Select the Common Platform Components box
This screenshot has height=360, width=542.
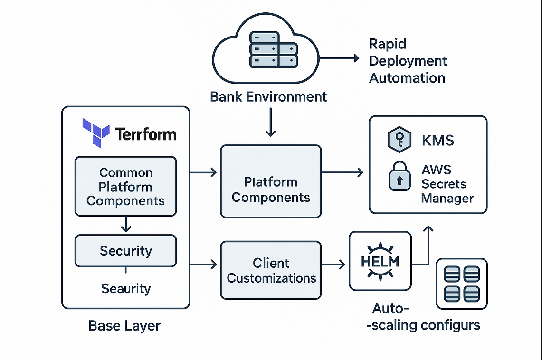125,187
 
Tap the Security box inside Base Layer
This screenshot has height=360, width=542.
125,251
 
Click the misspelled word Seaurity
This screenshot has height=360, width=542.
125,288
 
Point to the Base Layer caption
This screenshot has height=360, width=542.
124,326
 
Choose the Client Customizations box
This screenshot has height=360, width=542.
271,270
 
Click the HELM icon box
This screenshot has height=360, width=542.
380,261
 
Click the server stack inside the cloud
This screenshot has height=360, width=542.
273,49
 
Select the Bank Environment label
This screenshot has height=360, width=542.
268,97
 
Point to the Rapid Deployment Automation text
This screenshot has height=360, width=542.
408,61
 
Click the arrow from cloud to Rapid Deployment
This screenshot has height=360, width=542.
340,58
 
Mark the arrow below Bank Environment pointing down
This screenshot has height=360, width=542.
270,123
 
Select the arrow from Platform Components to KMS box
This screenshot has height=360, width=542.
342,173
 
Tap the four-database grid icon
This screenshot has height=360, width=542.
461,283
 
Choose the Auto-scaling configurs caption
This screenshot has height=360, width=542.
425,317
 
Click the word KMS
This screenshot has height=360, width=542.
437,141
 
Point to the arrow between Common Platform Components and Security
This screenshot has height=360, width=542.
125,225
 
